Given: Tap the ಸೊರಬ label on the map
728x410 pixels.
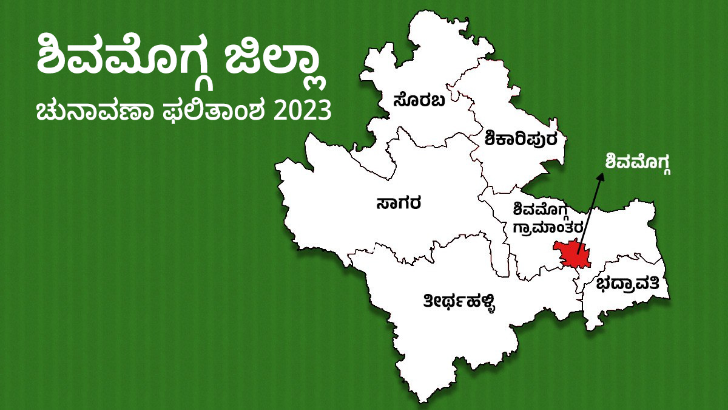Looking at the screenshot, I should point(419,100).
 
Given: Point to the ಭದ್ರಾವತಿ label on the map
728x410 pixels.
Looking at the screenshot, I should point(632,285).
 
